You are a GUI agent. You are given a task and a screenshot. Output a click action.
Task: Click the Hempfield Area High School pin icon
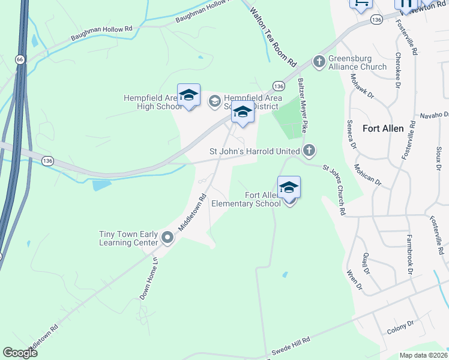188,95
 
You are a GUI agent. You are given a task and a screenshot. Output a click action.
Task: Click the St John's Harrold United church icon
309,151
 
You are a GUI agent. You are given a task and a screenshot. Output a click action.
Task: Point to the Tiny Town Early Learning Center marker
167,239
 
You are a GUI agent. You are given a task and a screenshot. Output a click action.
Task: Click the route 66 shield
20,59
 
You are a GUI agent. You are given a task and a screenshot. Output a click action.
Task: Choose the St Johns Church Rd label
334,190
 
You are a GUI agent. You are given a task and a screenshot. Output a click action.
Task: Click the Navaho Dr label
434,115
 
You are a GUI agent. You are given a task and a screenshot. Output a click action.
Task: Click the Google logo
20,353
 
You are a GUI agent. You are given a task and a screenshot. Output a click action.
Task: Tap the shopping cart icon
360,3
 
